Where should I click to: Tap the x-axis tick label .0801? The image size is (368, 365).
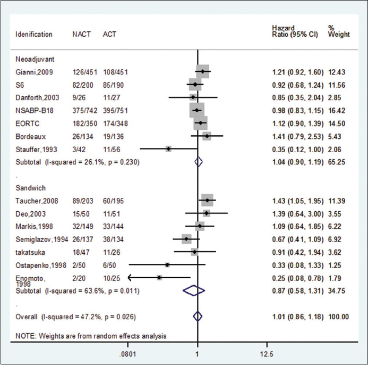point(129,353)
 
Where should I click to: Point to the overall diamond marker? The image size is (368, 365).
point(198,317)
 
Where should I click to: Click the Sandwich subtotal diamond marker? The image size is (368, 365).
point(193,290)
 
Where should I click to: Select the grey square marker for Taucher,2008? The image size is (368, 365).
point(207,201)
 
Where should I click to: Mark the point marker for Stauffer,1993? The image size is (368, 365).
point(168,149)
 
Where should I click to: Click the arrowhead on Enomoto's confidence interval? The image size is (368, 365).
point(131,277)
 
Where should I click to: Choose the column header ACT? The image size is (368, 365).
point(109,35)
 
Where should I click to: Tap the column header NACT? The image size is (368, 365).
point(82,35)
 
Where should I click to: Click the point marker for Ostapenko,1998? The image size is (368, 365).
point(167,264)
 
